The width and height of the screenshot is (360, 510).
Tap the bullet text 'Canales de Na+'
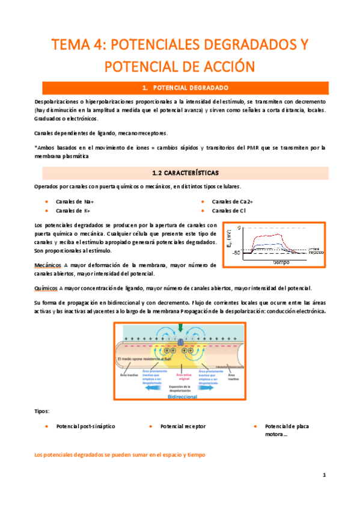75,202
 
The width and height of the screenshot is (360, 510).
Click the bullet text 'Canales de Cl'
230,211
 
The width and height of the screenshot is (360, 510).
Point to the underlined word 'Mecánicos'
49,265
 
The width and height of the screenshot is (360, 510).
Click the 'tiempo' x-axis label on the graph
281,262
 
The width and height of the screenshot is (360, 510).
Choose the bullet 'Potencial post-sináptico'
85,426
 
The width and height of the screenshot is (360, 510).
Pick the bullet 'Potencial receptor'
183,426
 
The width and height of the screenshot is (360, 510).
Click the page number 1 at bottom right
324,475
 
